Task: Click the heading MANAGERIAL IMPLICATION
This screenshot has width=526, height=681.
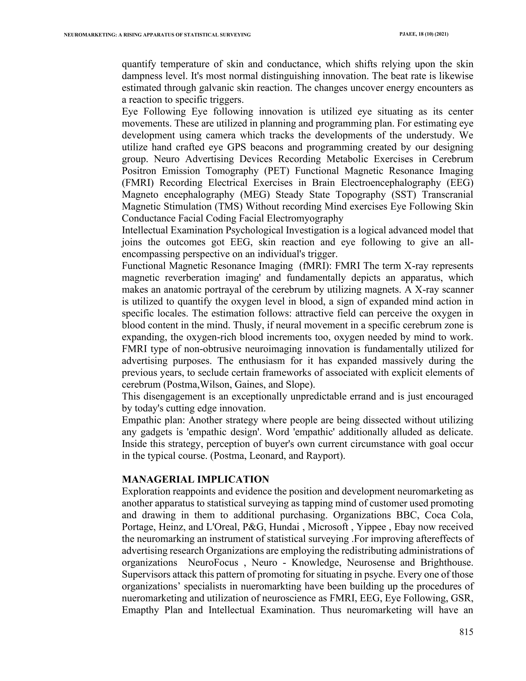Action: [x=195, y=479]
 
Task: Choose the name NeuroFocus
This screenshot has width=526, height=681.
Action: [x=213, y=563]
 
